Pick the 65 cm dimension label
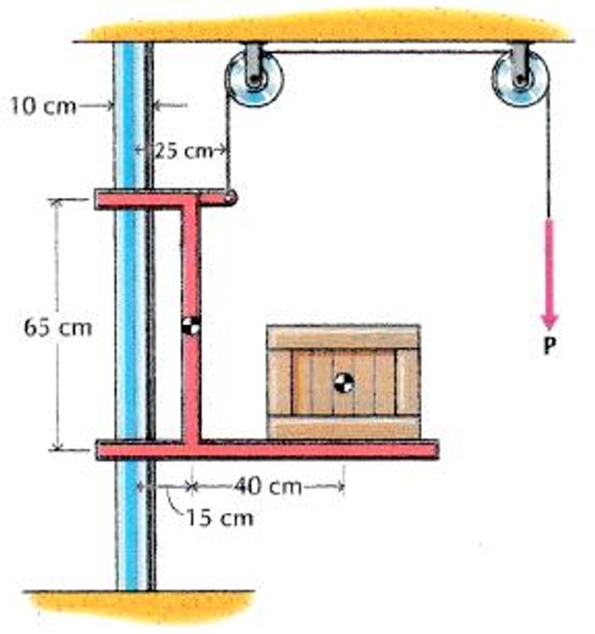coord(57,329)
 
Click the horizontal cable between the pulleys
coord(385,52)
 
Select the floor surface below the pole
coord(141,606)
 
